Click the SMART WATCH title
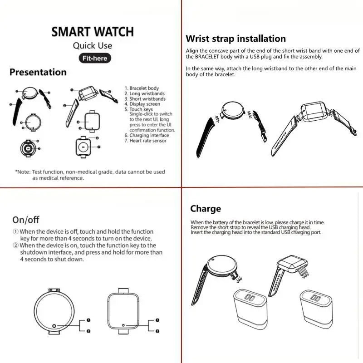tap(93, 32)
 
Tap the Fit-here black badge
tap(94, 58)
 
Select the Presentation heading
tap(38, 72)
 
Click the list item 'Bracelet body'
tap(144, 88)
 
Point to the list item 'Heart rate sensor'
tap(148, 141)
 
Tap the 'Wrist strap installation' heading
tap(235, 39)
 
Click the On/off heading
tap(26, 220)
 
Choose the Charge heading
tap(206, 209)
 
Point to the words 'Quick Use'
tap(93, 45)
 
